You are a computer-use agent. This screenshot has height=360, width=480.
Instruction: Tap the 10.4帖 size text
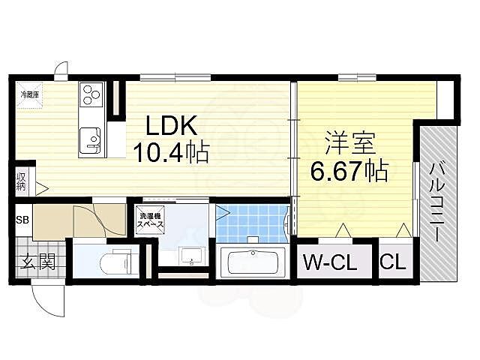tap(170, 152)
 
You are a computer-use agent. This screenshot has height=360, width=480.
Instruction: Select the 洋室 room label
tap(349, 143)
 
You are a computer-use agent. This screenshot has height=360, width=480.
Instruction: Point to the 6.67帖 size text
tap(349, 172)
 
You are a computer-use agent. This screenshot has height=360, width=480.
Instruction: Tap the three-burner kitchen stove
tap(91, 95)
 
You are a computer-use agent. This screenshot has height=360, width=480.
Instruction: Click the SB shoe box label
tap(22, 220)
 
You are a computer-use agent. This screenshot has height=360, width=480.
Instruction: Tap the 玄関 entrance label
tap(37, 262)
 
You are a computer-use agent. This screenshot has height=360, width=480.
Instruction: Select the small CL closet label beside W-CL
tap(394, 262)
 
